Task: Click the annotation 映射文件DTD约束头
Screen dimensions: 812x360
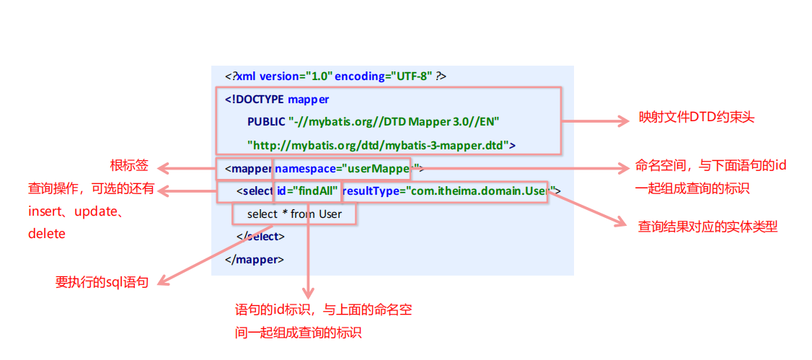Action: [x=697, y=118]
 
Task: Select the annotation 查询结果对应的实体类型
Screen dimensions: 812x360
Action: [x=707, y=227]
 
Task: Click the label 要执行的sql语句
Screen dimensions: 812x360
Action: [x=102, y=282]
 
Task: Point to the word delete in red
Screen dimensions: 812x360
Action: [x=47, y=233]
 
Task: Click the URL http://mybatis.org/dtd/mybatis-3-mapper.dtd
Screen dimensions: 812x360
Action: [x=378, y=144]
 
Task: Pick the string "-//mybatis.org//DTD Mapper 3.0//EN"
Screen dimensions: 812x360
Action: [x=394, y=121]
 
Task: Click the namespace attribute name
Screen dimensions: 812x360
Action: [x=306, y=170]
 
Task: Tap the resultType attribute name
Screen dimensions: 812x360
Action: [x=371, y=191]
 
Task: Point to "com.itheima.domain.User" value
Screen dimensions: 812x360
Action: [x=476, y=191]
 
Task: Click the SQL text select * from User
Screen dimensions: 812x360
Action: [x=294, y=214]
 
